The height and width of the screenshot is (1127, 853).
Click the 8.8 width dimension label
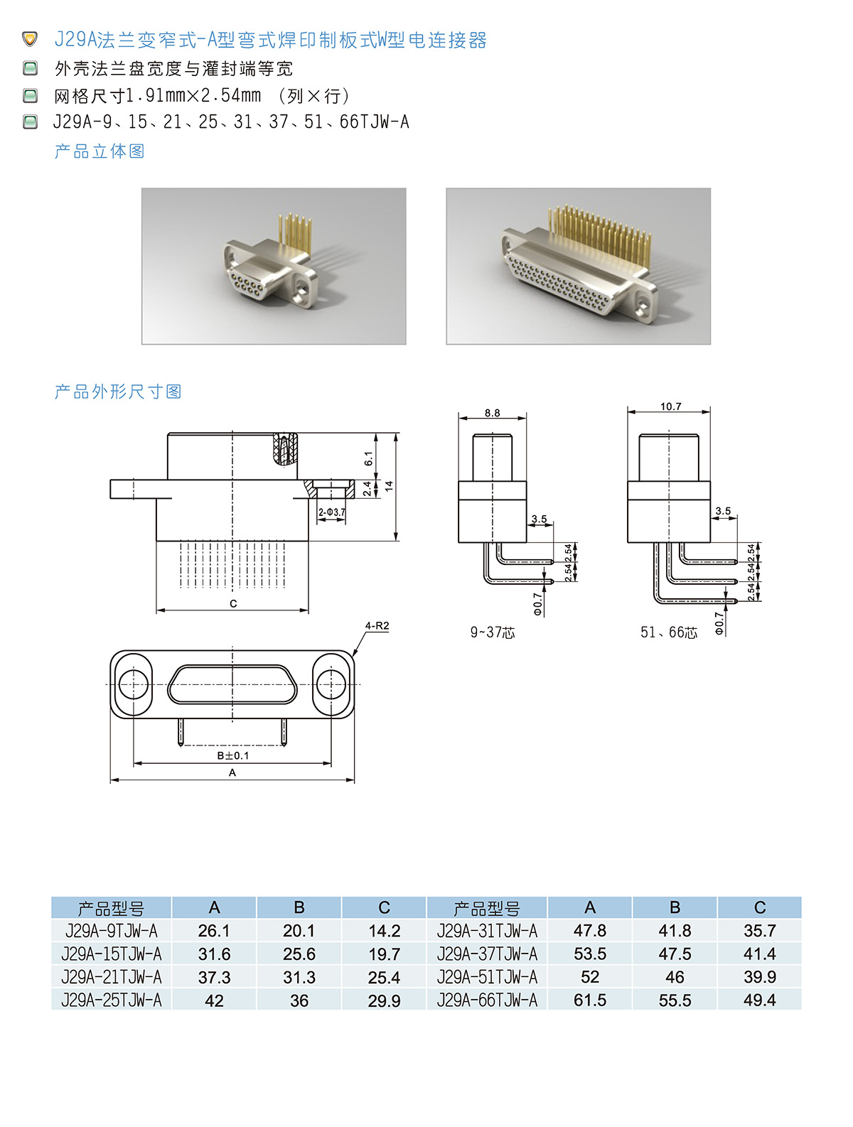(491, 413)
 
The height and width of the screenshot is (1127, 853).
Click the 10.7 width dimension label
(670, 406)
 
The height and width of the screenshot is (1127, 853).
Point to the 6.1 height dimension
(368, 458)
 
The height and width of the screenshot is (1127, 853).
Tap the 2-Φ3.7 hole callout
(331, 512)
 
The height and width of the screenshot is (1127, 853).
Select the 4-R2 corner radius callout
(377, 625)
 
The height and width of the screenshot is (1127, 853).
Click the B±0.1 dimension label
(232, 755)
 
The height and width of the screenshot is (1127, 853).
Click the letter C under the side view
(233, 603)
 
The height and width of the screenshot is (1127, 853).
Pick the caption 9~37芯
(492, 632)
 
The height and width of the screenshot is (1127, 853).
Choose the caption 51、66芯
(668, 632)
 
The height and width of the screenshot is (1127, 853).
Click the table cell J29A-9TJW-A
(111, 930)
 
